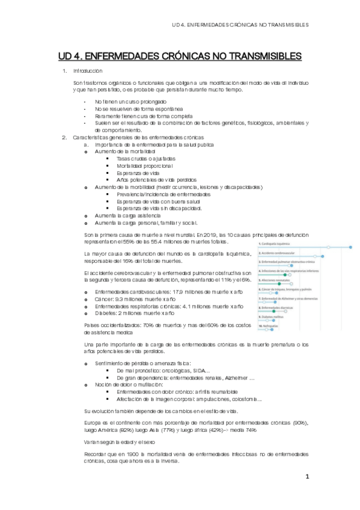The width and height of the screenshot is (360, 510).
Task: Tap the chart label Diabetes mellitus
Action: [273, 318]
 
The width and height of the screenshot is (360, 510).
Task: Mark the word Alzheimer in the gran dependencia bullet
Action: [240, 377]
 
